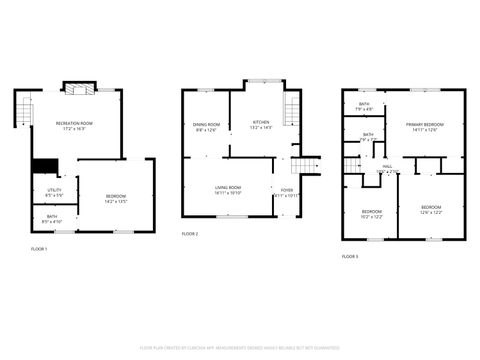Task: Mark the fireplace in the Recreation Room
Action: coord(77,87)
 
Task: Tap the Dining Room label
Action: coord(207,127)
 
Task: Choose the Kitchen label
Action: coord(260,125)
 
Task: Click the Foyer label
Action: coord(287,192)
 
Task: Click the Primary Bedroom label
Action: coord(426,127)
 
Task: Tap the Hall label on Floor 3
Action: coord(387,169)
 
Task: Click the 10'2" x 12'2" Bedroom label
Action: coord(372,213)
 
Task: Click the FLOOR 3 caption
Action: coord(350,257)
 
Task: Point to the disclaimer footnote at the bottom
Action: coord(240,347)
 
